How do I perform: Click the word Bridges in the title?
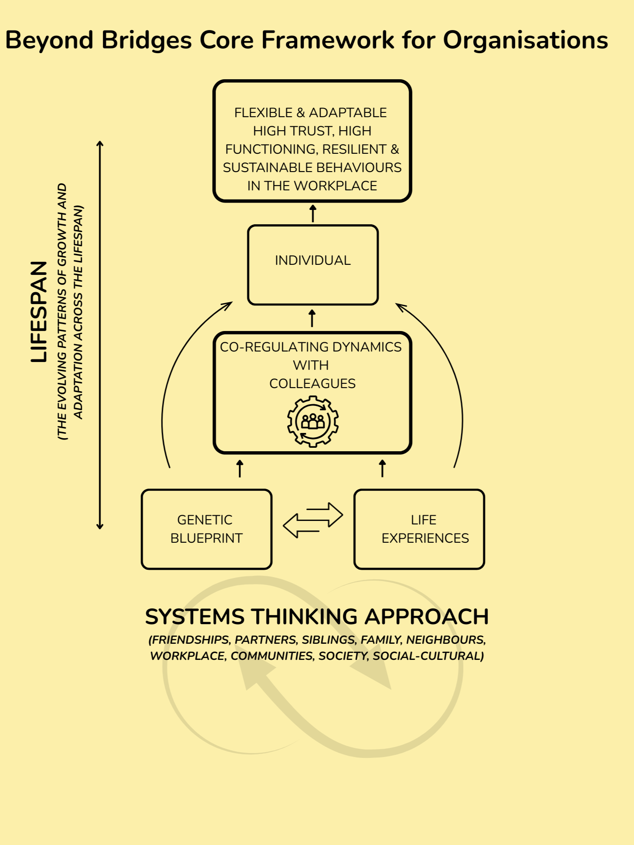click(146, 41)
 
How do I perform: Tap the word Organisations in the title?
click(525, 41)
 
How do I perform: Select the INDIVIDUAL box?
click(312, 265)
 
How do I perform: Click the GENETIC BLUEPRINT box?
click(207, 529)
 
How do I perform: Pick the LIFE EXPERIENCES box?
click(419, 529)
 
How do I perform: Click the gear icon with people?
click(313, 421)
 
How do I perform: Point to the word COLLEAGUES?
click(312, 383)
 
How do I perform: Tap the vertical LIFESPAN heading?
click(39, 312)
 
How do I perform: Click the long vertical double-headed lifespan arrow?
click(100, 335)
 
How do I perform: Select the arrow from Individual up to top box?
click(312, 213)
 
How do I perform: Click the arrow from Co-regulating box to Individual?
click(312, 318)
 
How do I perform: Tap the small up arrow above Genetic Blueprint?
click(240, 469)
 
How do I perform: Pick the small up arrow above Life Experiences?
click(383, 469)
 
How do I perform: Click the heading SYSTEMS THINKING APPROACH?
click(317, 617)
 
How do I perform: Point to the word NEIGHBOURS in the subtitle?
click(446, 639)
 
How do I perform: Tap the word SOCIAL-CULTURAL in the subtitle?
click(428, 656)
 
